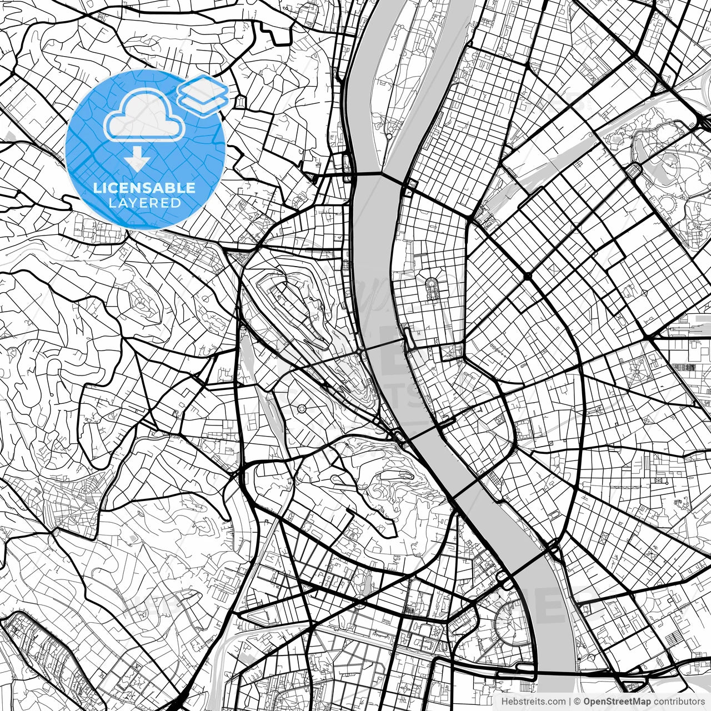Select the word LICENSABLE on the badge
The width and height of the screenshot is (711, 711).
pyautogui.click(x=144, y=188)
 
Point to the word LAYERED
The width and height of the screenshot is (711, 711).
pyautogui.click(x=144, y=203)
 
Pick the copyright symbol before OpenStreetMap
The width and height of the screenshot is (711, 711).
pyautogui.click(x=578, y=701)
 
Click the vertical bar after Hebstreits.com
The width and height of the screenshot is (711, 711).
pyautogui.click(x=570, y=701)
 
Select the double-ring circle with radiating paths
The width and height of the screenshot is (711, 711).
pyautogui.click(x=302, y=409)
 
